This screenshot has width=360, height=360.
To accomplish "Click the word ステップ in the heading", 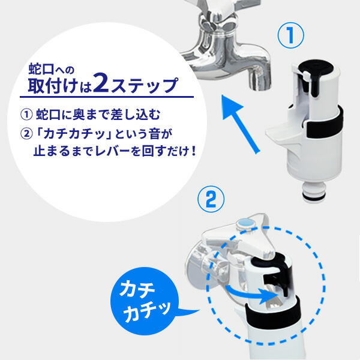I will tap(144, 85).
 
